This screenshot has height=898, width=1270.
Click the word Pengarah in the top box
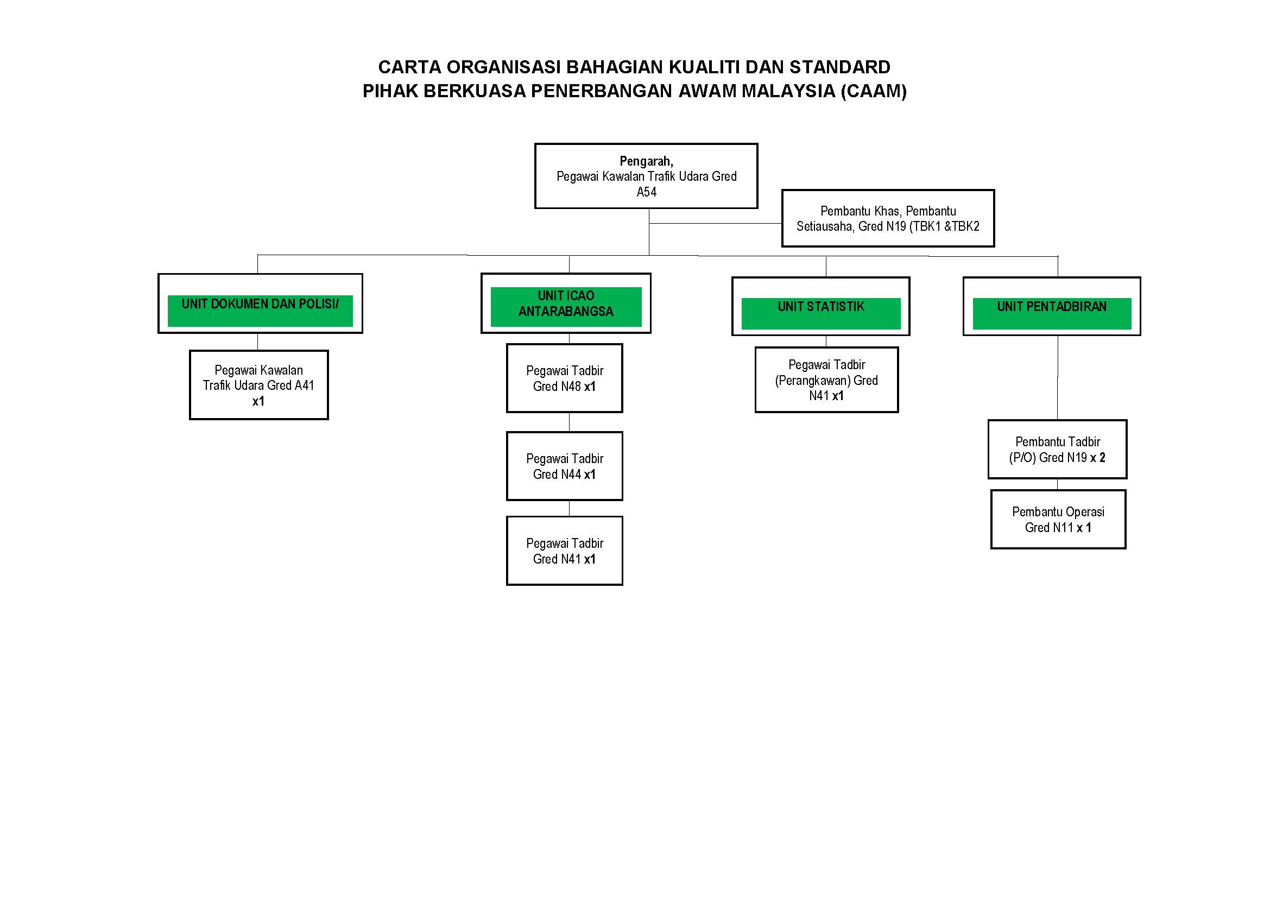pos(645,161)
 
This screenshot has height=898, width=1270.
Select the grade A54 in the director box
pos(646,192)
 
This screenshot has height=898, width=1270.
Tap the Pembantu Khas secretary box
pos(887,218)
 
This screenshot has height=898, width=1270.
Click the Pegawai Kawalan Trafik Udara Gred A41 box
pos(258,385)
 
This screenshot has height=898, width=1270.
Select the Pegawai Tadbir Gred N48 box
pos(564,378)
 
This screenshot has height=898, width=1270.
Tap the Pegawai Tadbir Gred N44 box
pos(564,466)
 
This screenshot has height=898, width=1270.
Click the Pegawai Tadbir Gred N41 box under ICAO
pos(564,551)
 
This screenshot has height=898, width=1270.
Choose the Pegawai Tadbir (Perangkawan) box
pos(826,380)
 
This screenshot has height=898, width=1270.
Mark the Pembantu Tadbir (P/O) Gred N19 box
pos(1057,450)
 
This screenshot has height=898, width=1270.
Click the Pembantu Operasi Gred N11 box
pos(1058,519)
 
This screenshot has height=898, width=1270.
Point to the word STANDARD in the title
pos(839,67)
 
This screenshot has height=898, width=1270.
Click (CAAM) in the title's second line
pos(874,91)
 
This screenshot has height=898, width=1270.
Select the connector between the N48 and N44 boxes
pos(569,422)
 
